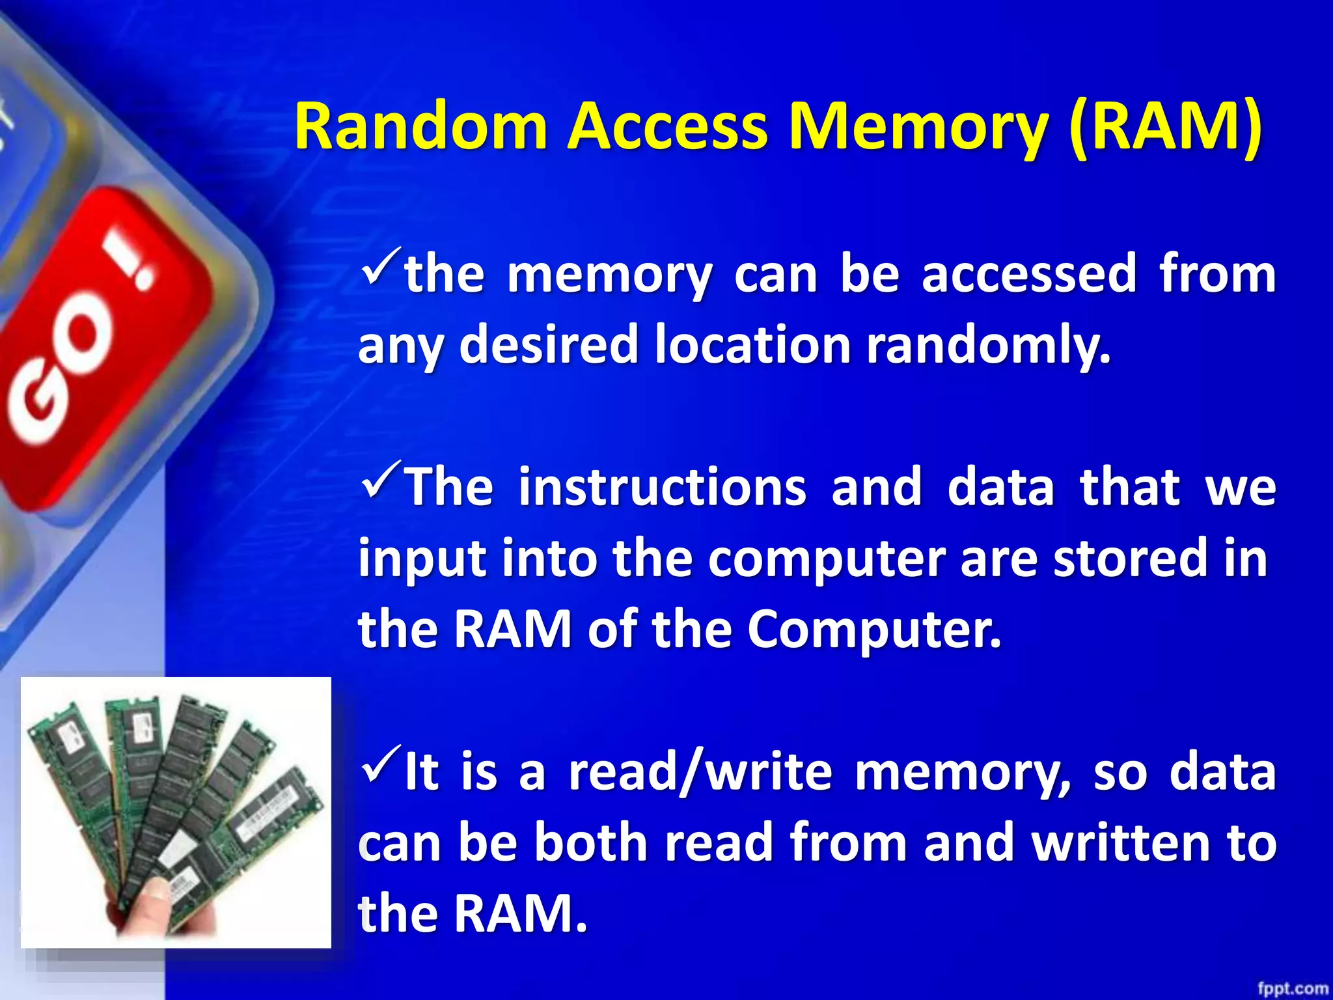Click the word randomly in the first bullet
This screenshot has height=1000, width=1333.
pos(987,345)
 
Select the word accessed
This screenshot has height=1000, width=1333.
pos(1029,274)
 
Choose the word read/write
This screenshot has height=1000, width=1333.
pos(700,772)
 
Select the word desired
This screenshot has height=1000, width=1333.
pos(549,345)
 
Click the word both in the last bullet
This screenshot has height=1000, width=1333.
pos(591,843)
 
